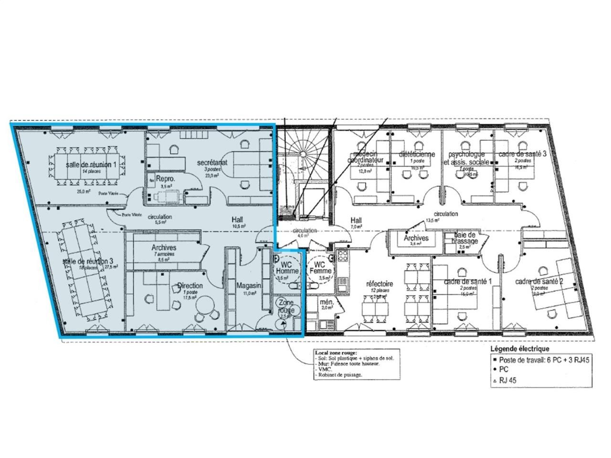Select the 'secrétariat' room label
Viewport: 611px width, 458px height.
pyautogui.click(x=212, y=163)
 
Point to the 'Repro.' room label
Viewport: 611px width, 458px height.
pyautogui.click(x=165, y=179)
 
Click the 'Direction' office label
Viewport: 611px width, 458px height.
pyautogui.click(x=190, y=285)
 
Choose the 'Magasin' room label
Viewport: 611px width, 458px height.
pyautogui.click(x=249, y=285)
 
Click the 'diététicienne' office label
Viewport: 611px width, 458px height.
pyautogui.click(x=417, y=155)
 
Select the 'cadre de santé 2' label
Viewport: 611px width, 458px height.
pyautogui.click(x=539, y=281)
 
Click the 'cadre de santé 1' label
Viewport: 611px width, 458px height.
pyautogui.click(x=467, y=281)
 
